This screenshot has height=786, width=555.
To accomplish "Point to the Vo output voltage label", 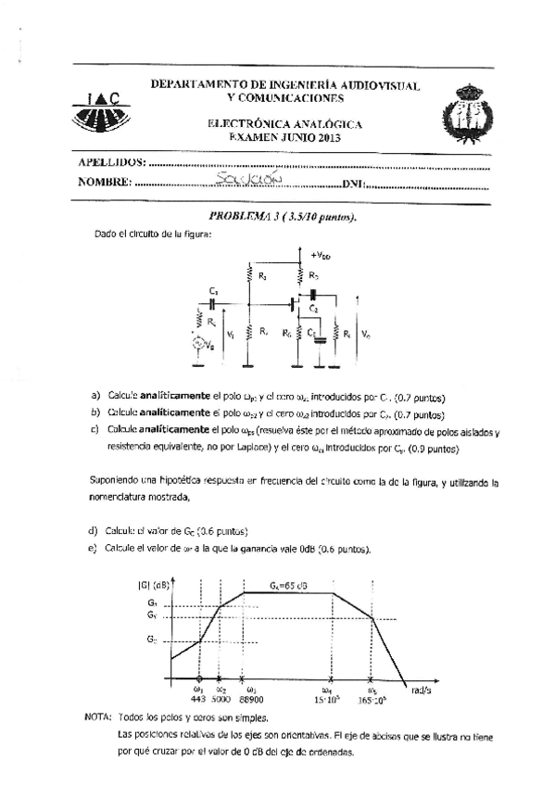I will [x=368, y=333].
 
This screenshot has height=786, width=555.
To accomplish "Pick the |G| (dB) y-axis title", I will [x=153, y=584].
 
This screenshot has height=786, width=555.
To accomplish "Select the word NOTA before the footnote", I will [x=95, y=717].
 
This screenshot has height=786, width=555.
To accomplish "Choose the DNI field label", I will [x=353, y=184].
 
